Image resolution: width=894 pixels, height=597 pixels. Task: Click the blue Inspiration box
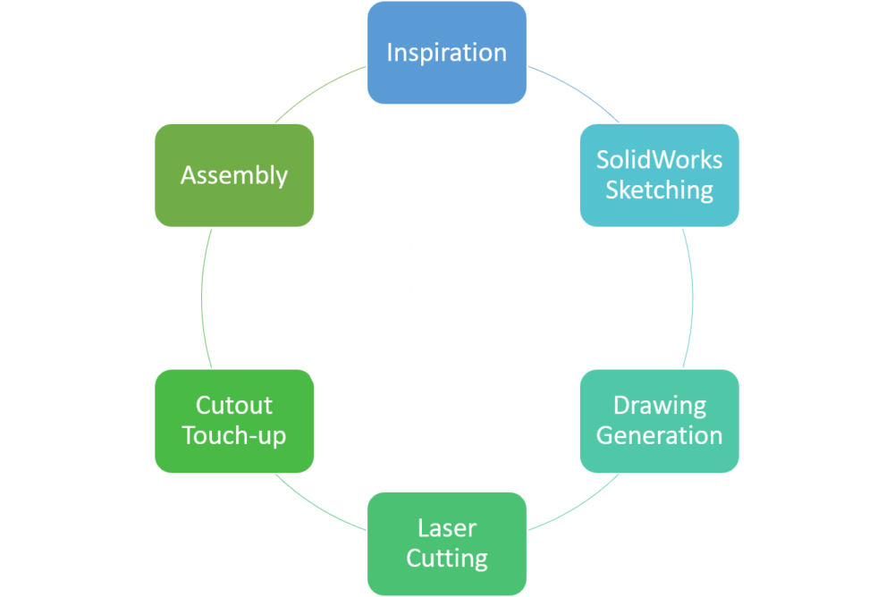pos(446,52)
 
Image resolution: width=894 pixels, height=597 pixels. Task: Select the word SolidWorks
pos(659,160)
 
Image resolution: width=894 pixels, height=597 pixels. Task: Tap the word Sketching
pos(659,190)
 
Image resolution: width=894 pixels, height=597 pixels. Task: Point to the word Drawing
pos(659,405)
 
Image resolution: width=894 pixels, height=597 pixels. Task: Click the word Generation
pos(659,435)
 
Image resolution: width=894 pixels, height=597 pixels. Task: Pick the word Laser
pos(446,528)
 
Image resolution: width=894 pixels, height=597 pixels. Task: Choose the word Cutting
pos(446,559)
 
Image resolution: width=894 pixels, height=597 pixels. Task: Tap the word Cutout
pos(234,405)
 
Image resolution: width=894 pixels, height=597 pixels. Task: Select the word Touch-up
pos(234,435)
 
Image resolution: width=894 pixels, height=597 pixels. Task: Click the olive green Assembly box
pos(234,174)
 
